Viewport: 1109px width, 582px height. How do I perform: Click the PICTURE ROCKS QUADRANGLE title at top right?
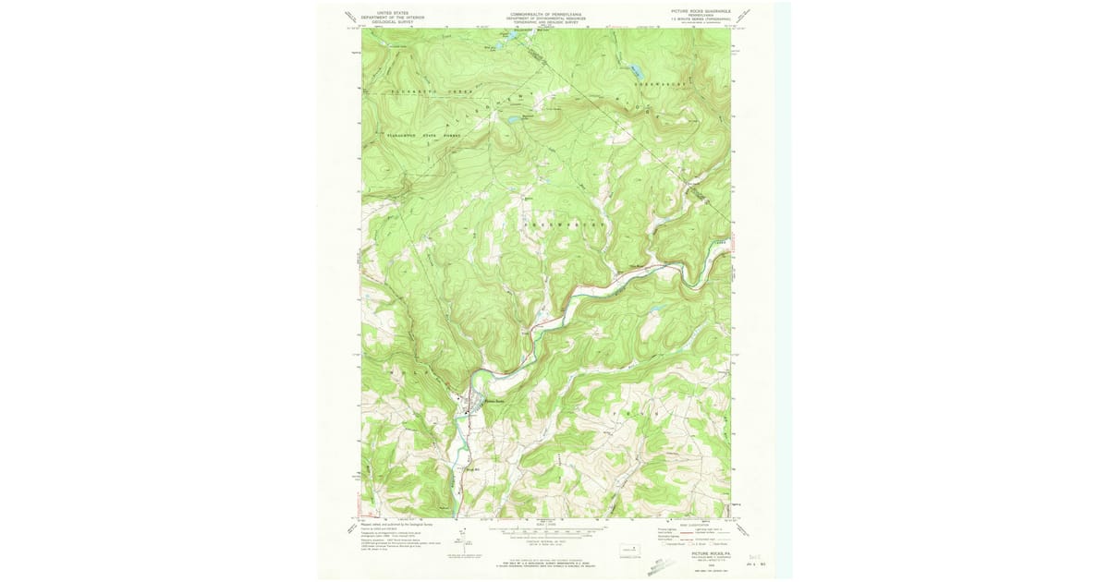[x=700, y=11]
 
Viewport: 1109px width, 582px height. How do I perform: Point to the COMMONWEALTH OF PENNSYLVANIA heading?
[x=546, y=14]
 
